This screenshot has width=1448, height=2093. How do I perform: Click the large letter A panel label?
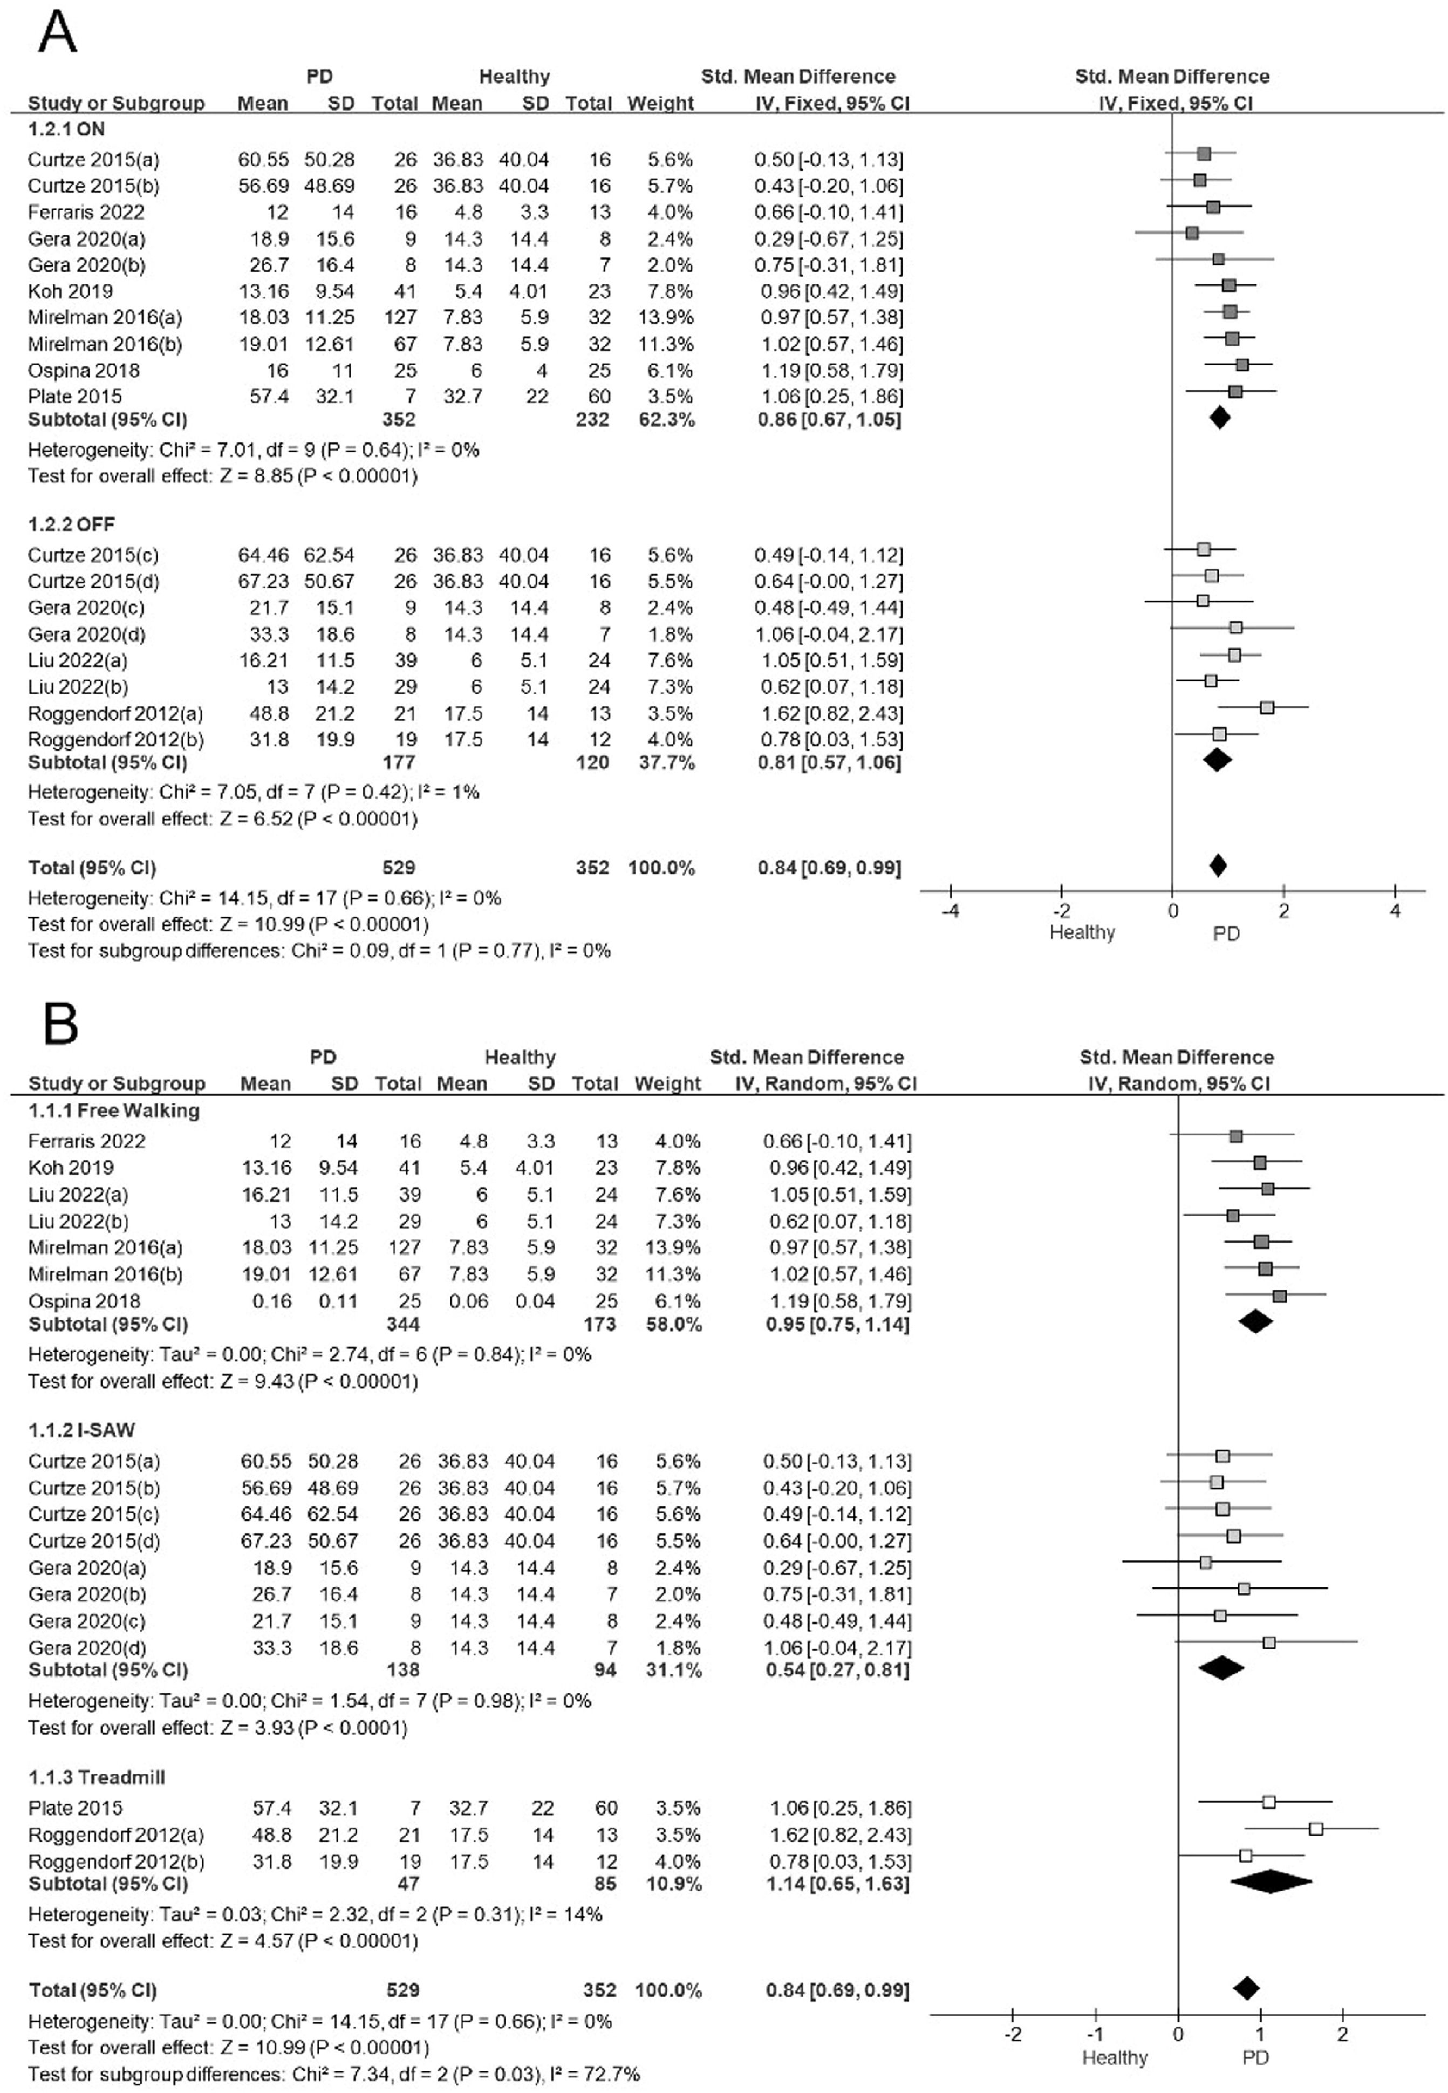56,33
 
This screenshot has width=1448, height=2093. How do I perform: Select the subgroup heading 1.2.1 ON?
66,129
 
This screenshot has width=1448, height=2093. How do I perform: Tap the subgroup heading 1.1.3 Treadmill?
96,1776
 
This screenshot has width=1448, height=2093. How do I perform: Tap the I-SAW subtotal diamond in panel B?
1221,1667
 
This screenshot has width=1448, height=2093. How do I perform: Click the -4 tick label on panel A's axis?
950,911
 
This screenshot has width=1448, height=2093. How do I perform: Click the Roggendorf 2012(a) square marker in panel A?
1267,707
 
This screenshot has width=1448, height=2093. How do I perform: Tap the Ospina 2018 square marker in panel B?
1279,1297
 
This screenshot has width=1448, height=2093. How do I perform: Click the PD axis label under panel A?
1226,933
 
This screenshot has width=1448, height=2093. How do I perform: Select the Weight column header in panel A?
660,104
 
